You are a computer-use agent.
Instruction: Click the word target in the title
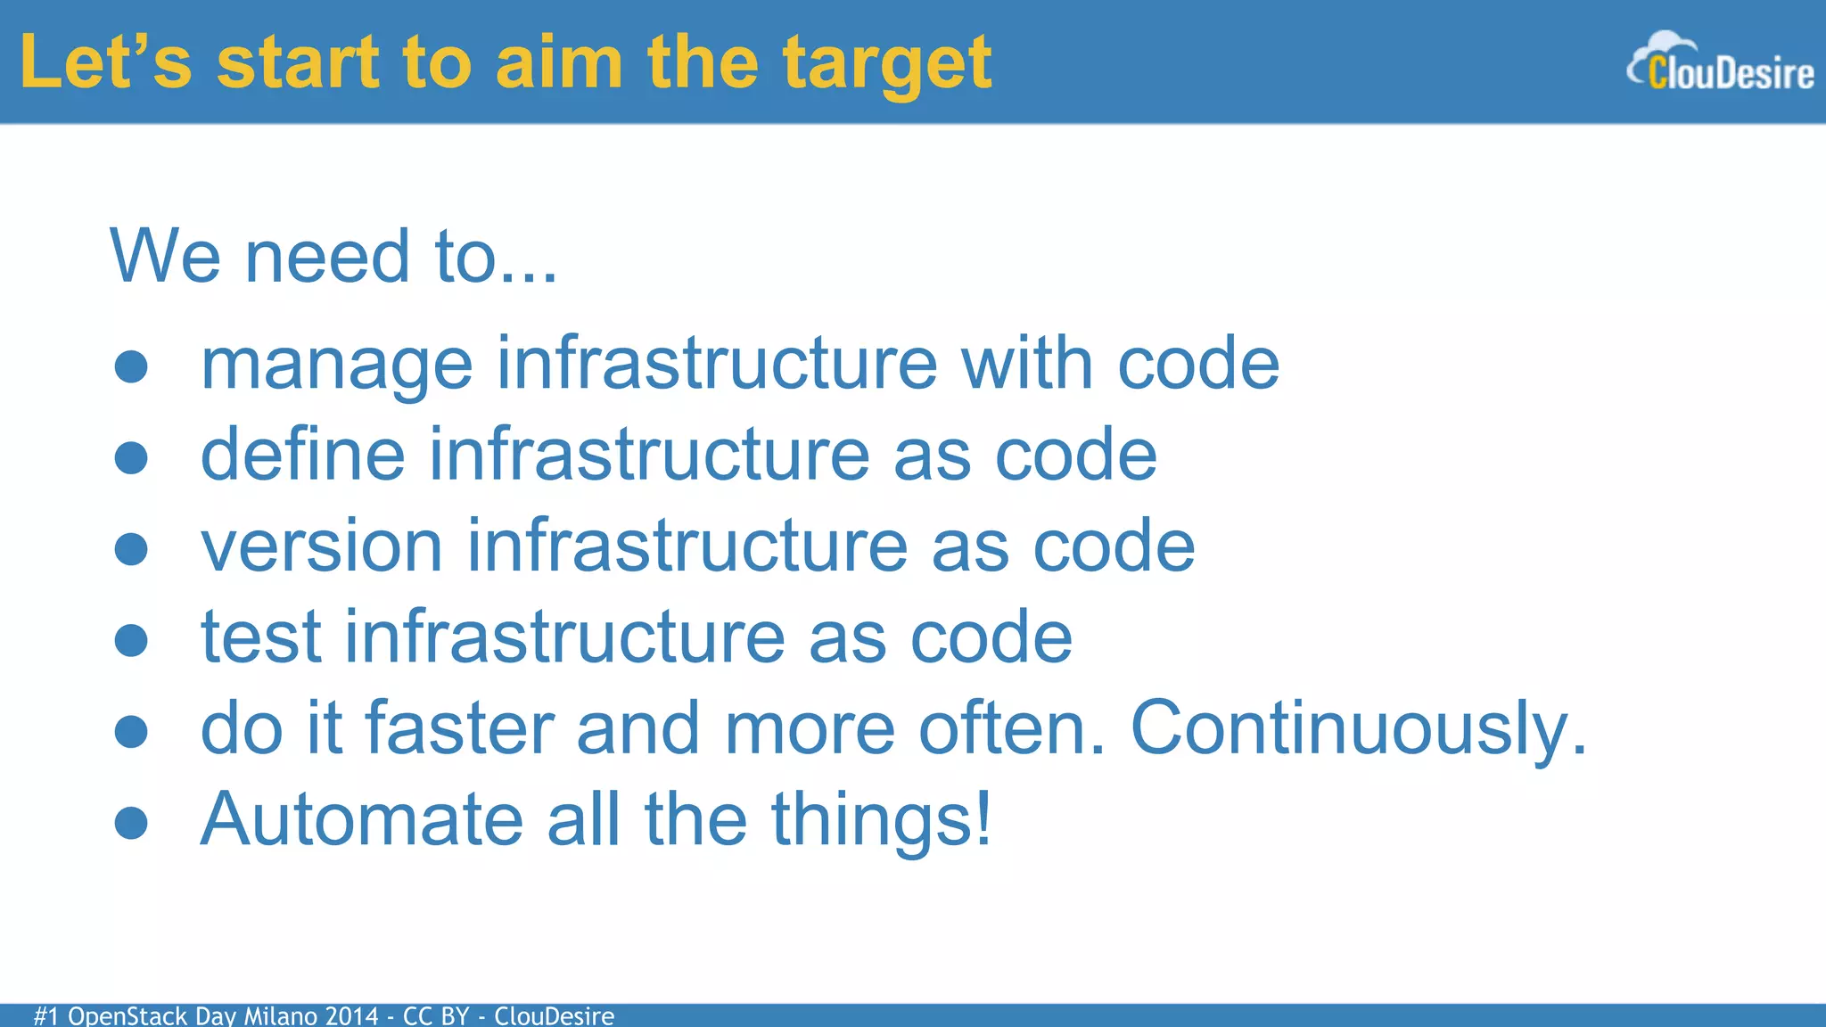886,64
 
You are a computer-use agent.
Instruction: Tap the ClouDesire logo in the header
1721,64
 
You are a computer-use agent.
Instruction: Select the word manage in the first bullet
336,366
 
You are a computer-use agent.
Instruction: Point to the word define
303,455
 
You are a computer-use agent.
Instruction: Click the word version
321,546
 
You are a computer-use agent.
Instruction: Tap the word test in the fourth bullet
260,637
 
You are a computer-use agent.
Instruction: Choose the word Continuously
1358,729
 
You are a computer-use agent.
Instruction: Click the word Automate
361,820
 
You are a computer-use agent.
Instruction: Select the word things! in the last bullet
881,820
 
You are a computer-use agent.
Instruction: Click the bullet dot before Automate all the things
131,823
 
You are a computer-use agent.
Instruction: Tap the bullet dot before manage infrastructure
131,366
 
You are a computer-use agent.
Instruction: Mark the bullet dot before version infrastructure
131,549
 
